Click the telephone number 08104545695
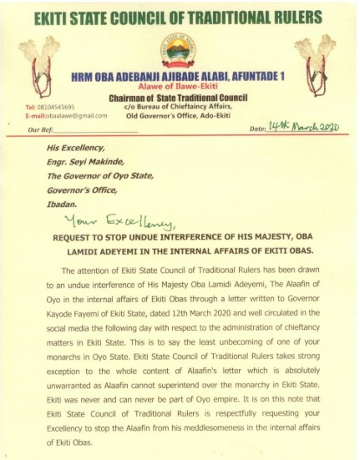[50, 108]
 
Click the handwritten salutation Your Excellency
[152, 222]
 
